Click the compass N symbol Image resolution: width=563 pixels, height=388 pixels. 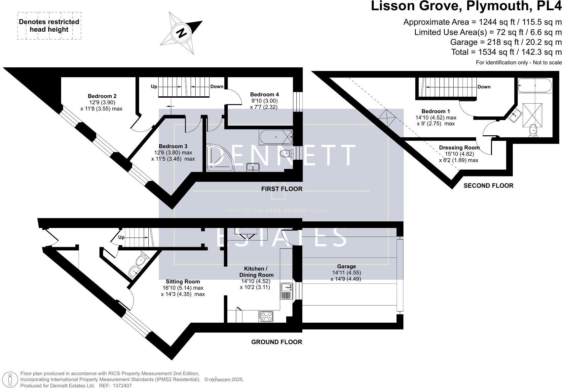pos(181,33)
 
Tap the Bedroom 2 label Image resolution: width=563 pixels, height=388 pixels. pos(102,96)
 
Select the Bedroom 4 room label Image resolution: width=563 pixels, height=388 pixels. pos(264,94)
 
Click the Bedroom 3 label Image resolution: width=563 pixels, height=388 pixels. pos(173,146)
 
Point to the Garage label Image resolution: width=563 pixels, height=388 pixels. pos(346,266)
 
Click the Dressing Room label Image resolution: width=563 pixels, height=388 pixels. pos(459,147)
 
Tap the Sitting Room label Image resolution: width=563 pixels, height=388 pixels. pos(183,281)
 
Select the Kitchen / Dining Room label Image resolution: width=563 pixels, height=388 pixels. pos(256,272)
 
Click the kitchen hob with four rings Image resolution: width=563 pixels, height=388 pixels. pos(266,316)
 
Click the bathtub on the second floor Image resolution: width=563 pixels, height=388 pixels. pos(535,85)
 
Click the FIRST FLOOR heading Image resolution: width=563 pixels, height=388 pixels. pos(281,189)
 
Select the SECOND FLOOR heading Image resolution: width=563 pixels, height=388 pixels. pos(488,185)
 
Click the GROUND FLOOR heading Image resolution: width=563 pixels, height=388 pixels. pos(277,342)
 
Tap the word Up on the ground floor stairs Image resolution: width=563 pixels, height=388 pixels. pos(121,237)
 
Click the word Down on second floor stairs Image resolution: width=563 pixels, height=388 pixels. pos(484,87)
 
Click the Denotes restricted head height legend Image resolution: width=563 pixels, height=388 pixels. pos(49,26)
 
